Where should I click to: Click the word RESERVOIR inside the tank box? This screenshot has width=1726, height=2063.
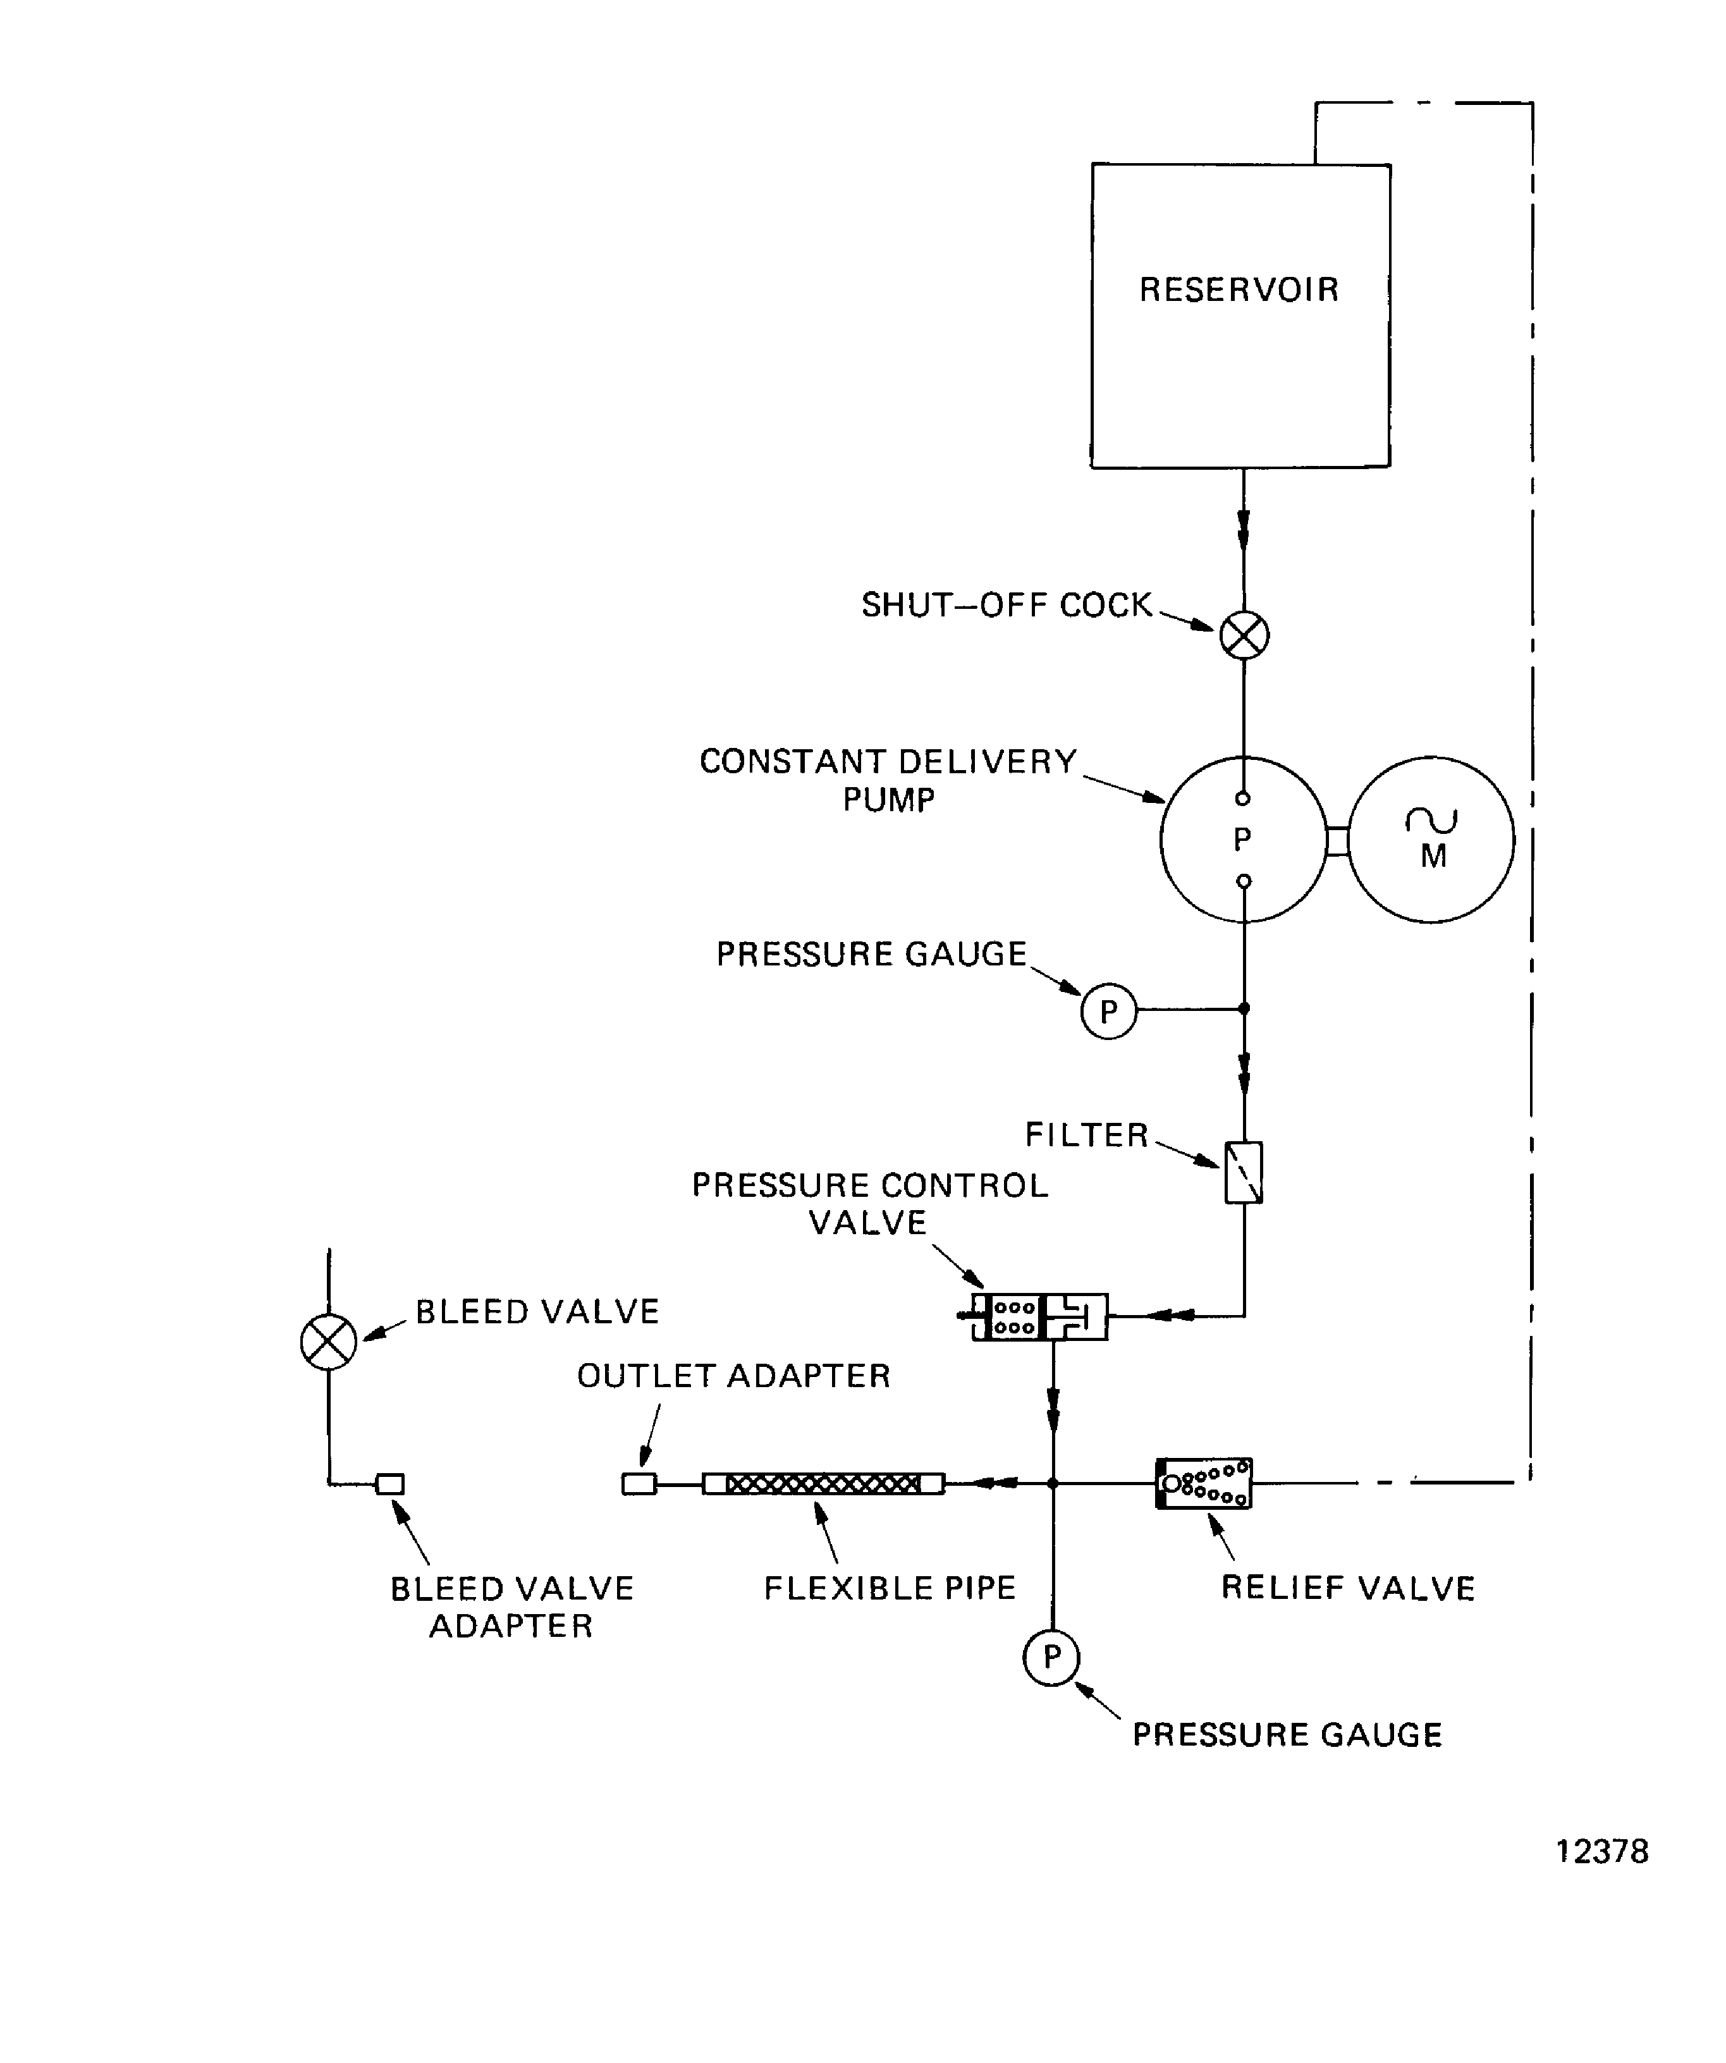[x=1239, y=290]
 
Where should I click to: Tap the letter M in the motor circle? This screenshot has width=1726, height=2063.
[x=1433, y=857]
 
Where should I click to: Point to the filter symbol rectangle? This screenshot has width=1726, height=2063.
[x=1243, y=1172]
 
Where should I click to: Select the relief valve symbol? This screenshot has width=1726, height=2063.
[x=1203, y=1483]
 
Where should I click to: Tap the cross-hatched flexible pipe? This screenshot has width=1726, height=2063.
[x=823, y=1483]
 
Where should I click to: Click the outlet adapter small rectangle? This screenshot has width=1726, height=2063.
[x=639, y=1483]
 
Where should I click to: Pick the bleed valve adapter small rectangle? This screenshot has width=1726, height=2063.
[x=390, y=1483]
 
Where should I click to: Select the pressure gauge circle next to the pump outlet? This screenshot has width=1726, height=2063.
[x=1108, y=1011]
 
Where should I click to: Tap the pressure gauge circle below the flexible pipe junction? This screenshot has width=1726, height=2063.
[x=1051, y=1657]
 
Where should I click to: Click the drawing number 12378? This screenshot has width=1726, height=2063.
[x=1601, y=1852]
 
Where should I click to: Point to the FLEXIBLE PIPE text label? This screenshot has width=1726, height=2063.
[x=889, y=1589]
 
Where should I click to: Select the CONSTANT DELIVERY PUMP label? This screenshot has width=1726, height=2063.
[x=888, y=780]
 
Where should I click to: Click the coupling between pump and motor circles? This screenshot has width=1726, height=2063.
[x=1337, y=841]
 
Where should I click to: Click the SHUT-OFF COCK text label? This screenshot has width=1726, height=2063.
[x=1006, y=605]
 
